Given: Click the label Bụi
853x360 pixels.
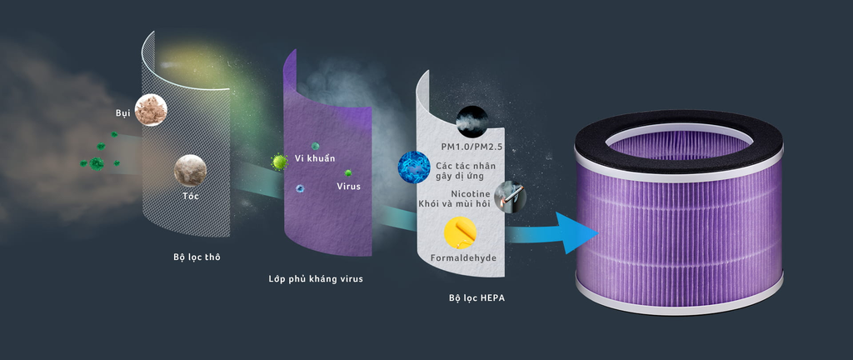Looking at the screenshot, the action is pyautogui.click(x=123, y=113).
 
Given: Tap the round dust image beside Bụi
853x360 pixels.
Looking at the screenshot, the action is pyautogui.click(x=151, y=110).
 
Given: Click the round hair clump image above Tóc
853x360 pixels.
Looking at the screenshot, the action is pyautogui.click(x=191, y=170).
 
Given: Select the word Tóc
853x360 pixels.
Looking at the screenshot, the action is pyautogui.click(x=191, y=196).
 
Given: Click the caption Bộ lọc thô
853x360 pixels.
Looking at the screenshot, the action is pyautogui.click(x=197, y=257).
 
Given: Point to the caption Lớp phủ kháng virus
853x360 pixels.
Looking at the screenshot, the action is pyautogui.click(x=316, y=279).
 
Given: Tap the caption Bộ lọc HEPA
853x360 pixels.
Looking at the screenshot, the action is pyautogui.click(x=477, y=298).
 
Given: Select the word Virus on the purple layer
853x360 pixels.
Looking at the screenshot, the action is pyautogui.click(x=349, y=186).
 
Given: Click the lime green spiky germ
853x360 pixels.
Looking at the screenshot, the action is pyautogui.click(x=280, y=162).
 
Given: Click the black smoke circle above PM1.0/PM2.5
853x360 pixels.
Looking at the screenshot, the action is pyautogui.click(x=471, y=122).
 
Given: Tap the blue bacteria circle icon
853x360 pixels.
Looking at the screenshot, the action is pyautogui.click(x=414, y=167).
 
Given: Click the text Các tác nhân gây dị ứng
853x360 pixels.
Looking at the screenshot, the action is pyautogui.click(x=466, y=170).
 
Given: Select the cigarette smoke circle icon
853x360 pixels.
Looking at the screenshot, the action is pyautogui.click(x=511, y=197).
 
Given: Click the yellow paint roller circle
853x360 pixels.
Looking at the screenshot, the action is pyautogui.click(x=460, y=232).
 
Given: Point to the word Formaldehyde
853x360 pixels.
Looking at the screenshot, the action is pyautogui.click(x=463, y=257).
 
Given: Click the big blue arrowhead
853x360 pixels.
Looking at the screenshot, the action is pyautogui.click(x=576, y=233).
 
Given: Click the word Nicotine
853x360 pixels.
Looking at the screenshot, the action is pyautogui.click(x=471, y=193).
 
